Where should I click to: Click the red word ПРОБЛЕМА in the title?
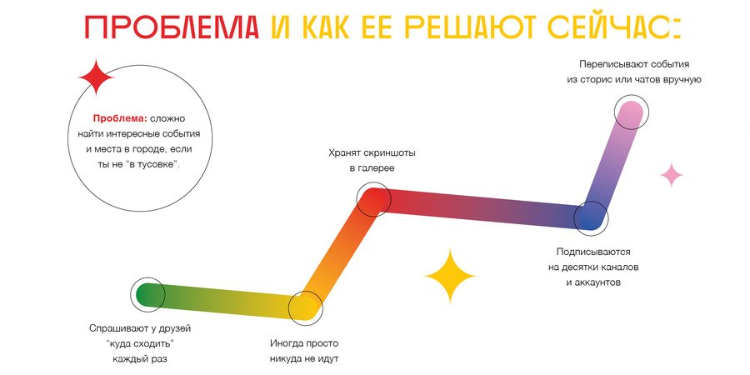172,27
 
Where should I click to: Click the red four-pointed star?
96,77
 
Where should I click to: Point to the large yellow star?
450,276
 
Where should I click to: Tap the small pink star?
672,175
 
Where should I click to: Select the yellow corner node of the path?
306,308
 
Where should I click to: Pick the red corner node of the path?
374,199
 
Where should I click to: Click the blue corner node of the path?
591,218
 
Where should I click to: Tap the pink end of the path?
632,112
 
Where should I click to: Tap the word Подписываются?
593,252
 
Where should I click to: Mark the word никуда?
286,358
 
